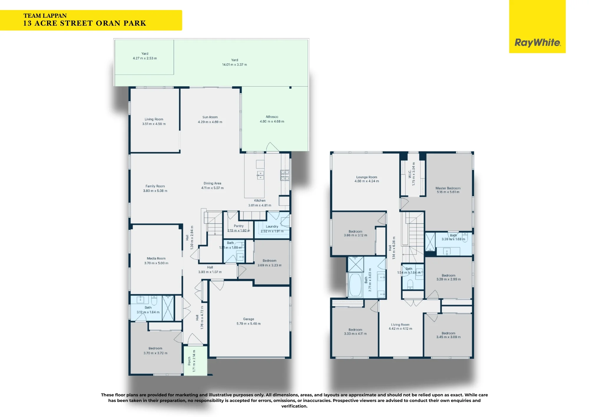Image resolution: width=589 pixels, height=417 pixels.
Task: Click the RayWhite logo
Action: pos(537,42)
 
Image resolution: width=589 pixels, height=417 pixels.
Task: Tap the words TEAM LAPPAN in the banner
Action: pos(45,16)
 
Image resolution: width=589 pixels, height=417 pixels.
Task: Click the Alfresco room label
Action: pos(272,117)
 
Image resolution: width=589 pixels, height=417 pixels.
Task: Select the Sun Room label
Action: pos(210,117)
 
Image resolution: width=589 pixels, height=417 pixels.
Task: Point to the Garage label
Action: pos(249,319)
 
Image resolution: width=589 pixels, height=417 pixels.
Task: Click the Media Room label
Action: pos(156,258)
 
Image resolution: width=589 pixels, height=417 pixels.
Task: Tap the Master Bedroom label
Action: pos(448,188)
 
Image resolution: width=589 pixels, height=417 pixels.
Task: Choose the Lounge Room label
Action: pos(367,177)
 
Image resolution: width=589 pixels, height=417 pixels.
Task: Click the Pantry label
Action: pos(239,226)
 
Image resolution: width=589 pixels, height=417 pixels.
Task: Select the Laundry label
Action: pos(272,226)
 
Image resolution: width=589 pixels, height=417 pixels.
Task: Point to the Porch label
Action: pos(189,361)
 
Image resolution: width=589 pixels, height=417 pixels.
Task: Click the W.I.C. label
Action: pos(410,174)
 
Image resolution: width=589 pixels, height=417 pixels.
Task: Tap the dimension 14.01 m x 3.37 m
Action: pos(234,65)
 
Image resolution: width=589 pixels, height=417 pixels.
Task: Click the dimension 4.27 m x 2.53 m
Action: pos(145,58)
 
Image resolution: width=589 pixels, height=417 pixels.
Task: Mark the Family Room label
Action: pos(155,186)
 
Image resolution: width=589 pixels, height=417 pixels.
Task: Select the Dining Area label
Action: pos(212,183)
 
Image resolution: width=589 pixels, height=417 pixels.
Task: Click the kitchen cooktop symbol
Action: pos(284,175)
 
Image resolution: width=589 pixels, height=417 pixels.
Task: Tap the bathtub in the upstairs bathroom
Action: pos(355,285)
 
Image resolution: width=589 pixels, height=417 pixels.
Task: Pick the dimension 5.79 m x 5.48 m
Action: pos(249,324)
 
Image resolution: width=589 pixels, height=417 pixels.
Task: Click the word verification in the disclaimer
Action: pos(294,406)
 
